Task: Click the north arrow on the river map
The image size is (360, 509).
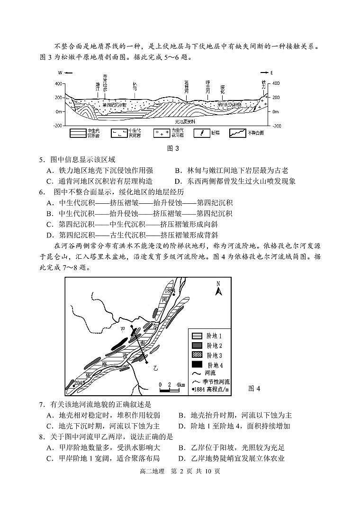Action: click(218, 288)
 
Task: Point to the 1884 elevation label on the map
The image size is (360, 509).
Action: click(170, 290)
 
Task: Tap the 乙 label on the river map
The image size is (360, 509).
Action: click(155, 367)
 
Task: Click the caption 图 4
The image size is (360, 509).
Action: click(254, 389)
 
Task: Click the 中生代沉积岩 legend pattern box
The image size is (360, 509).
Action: click(78, 133)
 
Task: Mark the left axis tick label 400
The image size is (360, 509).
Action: click(59, 83)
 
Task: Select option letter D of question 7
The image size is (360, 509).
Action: click(181, 426)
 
